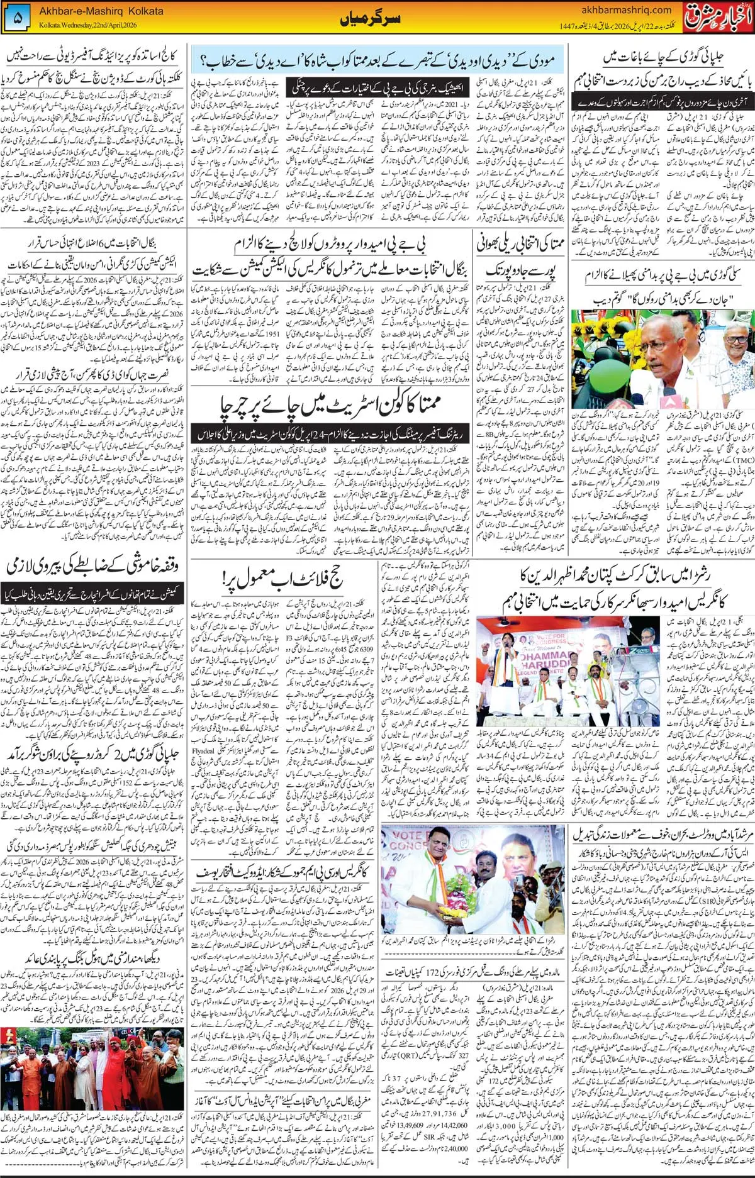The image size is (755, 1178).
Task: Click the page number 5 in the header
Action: [17, 19]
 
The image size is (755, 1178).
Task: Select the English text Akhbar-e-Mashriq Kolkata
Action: [101, 11]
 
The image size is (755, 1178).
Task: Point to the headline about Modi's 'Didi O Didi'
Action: [377, 60]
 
